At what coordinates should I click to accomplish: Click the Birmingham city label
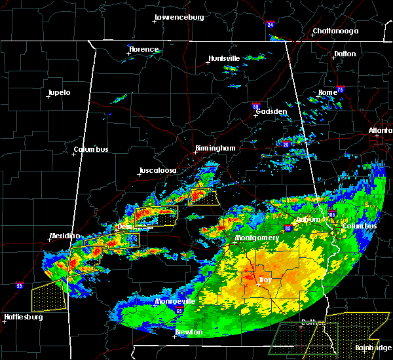pyautogui.click(x=215, y=149)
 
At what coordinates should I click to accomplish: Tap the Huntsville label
pyautogui.click(x=225, y=58)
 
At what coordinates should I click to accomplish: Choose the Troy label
pyautogui.click(x=265, y=280)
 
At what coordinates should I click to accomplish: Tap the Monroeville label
pyautogui.click(x=175, y=301)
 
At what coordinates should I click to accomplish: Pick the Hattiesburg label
pyautogui.click(x=23, y=317)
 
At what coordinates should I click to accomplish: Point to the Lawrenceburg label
pyautogui.click(x=179, y=17)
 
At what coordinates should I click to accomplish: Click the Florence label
pyautogui.click(x=143, y=50)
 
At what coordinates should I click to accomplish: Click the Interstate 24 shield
pyautogui.click(x=271, y=25)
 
